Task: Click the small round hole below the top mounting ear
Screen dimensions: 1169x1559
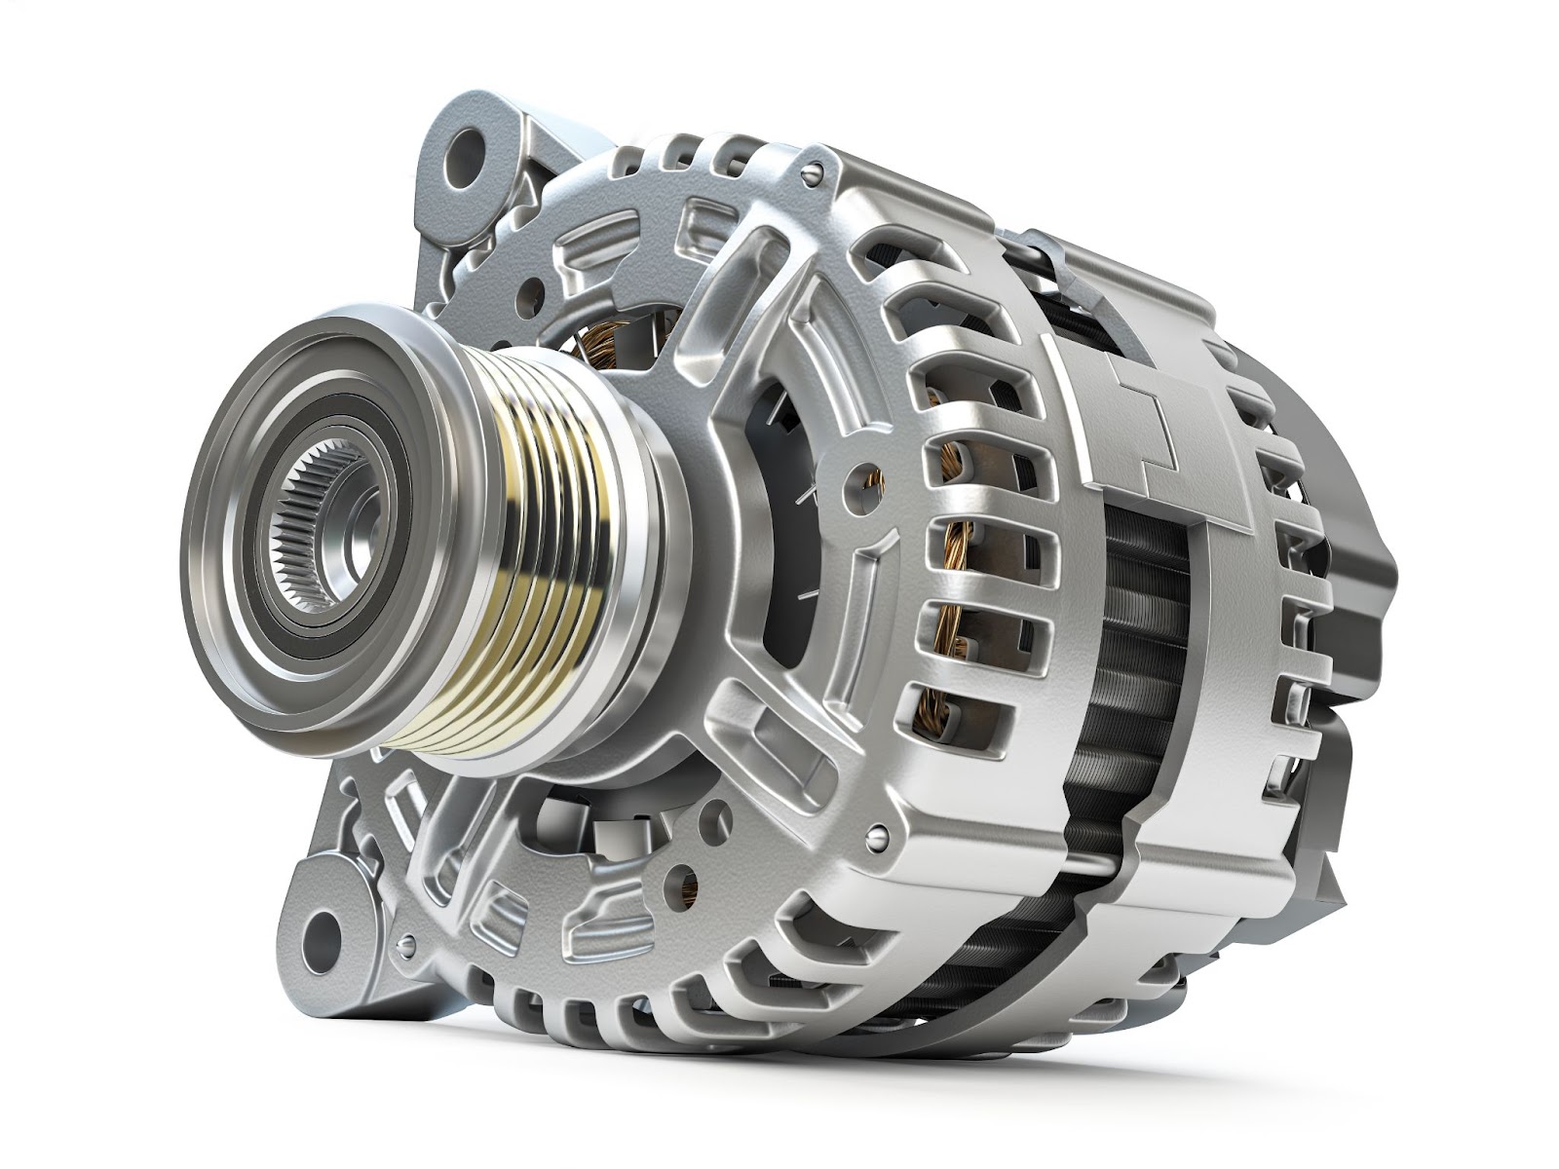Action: [x=535, y=288]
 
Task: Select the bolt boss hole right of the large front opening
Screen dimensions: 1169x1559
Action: [x=857, y=476]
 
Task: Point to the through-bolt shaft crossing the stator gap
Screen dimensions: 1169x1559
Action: [x=1091, y=857]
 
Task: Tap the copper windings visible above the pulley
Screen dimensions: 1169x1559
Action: [x=594, y=341]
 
